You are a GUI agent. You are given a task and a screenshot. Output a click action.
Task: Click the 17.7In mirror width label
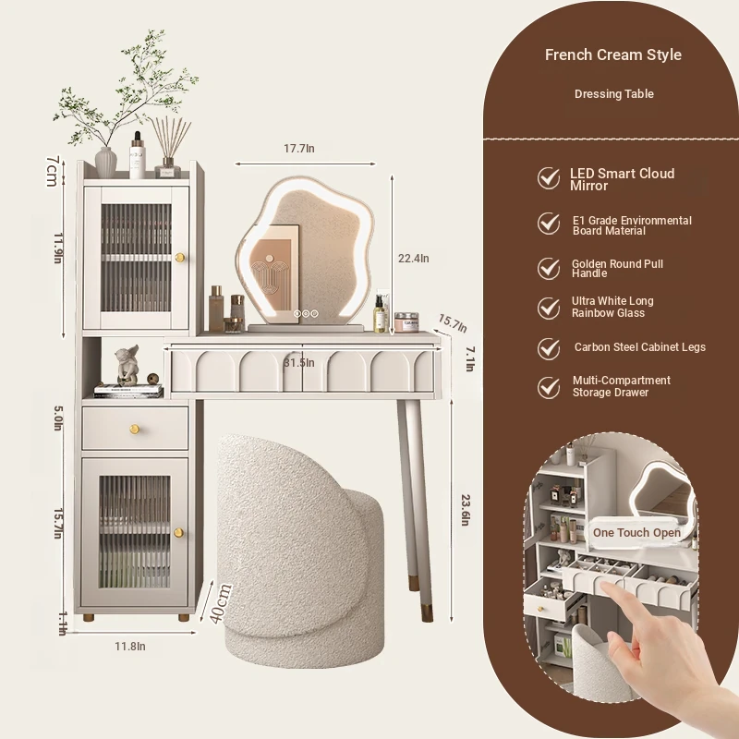point(298,149)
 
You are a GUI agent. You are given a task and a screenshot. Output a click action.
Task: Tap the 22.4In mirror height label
point(413,259)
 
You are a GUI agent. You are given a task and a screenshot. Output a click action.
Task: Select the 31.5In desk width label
point(298,362)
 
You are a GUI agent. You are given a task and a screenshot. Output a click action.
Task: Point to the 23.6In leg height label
point(466,510)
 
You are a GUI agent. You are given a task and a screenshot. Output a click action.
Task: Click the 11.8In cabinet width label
point(130,646)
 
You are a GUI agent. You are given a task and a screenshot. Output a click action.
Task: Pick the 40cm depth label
point(221,604)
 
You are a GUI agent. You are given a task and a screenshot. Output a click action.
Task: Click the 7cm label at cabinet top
point(52,171)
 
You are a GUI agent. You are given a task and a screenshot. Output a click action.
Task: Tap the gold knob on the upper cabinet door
point(179,258)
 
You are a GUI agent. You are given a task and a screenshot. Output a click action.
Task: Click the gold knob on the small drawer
point(134,429)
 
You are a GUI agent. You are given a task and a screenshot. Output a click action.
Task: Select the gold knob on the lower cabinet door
point(178,533)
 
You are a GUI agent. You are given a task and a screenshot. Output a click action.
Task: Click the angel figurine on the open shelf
point(127,365)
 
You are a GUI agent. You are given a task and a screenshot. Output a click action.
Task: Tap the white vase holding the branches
point(105,163)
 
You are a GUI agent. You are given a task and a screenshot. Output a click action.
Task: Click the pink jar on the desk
point(406,322)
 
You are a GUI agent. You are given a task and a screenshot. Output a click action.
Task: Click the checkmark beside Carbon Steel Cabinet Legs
point(549,349)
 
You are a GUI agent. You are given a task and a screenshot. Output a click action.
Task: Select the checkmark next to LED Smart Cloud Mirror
point(549,178)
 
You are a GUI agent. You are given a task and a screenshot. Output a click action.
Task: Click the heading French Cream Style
point(613,55)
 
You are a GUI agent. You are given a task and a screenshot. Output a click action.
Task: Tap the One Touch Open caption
point(636,533)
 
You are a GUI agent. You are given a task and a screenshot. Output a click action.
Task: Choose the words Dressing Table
point(613,94)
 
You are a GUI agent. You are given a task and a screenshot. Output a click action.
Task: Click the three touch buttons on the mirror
point(306,313)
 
